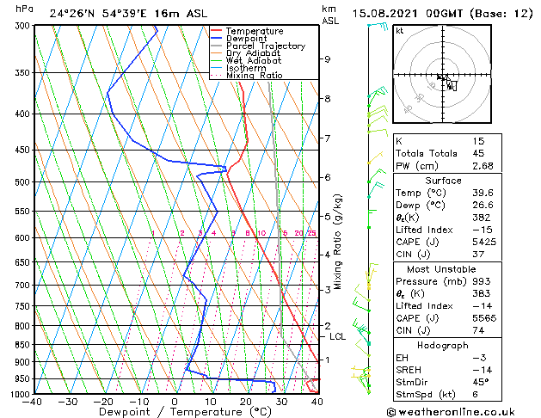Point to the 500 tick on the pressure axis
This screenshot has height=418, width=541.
(x=22, y=182)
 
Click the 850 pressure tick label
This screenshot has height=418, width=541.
(x=22, y=345)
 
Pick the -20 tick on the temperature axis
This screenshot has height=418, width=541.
(x=102, y=401)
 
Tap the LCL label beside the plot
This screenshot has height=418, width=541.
(x=337, y=336)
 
